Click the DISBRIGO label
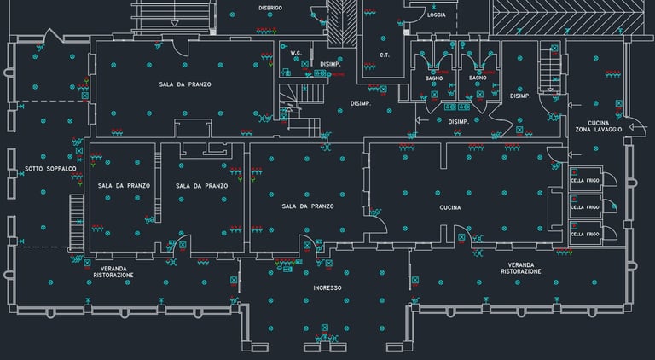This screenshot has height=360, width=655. tap(270, 8)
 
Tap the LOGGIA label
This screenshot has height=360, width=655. tap(436, 15)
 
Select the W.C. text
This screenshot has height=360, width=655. tap(296, 53)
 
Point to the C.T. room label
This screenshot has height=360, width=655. tap(385, 55)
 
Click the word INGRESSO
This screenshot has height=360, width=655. tap(327, 288)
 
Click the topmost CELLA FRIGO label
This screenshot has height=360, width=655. tap(585, 182)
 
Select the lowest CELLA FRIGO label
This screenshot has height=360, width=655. tap(585, 234)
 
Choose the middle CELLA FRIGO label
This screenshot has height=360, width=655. tap(585, 207)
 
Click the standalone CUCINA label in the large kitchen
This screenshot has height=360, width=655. tap(450, 207)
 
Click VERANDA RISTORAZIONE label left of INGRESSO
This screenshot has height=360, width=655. tap(113, 272)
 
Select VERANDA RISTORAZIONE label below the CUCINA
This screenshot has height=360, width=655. tap(521, 268)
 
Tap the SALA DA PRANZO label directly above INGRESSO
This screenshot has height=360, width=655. tap(308, 206)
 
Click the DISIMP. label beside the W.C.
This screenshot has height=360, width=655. tap(330, 64)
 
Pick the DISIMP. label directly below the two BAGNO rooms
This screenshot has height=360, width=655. tap(458, 121)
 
